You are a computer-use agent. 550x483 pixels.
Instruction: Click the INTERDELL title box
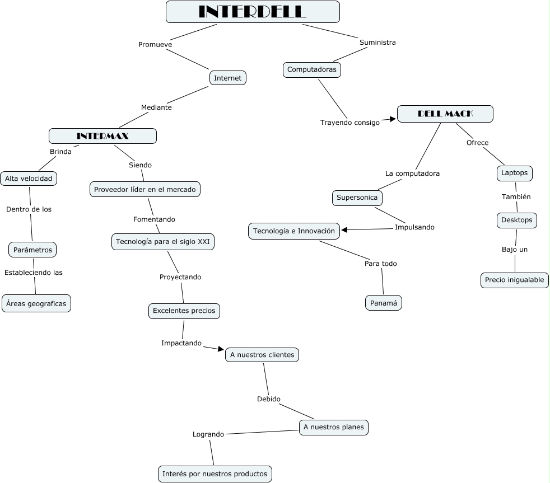pos(253,12)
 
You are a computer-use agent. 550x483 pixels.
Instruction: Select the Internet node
pos(227,78)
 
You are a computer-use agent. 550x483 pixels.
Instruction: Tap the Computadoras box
pos(311,69)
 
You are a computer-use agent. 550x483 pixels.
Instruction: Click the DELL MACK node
pos(445,114)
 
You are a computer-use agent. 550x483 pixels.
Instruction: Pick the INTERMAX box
pos(102,135)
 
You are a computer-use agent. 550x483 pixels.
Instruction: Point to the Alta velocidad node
pos(29,179)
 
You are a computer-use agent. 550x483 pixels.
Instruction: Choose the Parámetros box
pos(32,249)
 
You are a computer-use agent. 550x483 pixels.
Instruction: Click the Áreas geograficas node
pos(36,303)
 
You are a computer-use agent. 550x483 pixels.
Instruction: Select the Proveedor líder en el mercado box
pos(145,189)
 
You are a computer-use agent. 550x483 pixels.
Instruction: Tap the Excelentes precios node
pos(184,311)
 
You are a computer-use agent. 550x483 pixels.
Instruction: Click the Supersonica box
pos(357,198)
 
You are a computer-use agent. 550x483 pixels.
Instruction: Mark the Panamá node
pos(384,303)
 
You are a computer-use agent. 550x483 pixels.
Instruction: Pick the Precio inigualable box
pos(514,280)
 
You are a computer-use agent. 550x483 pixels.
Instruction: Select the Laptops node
pos(514,173)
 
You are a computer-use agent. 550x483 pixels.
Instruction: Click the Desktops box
pos(516,220)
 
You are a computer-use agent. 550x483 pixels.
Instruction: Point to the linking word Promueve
pos(155,44)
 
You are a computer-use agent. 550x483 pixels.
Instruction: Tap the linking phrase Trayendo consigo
pos(349,122)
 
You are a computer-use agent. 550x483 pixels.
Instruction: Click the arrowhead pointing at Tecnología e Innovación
pos(344,229)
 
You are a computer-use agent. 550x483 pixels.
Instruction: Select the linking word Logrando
pos(208,434)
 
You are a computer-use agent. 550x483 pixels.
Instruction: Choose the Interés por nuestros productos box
pos(215,473)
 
